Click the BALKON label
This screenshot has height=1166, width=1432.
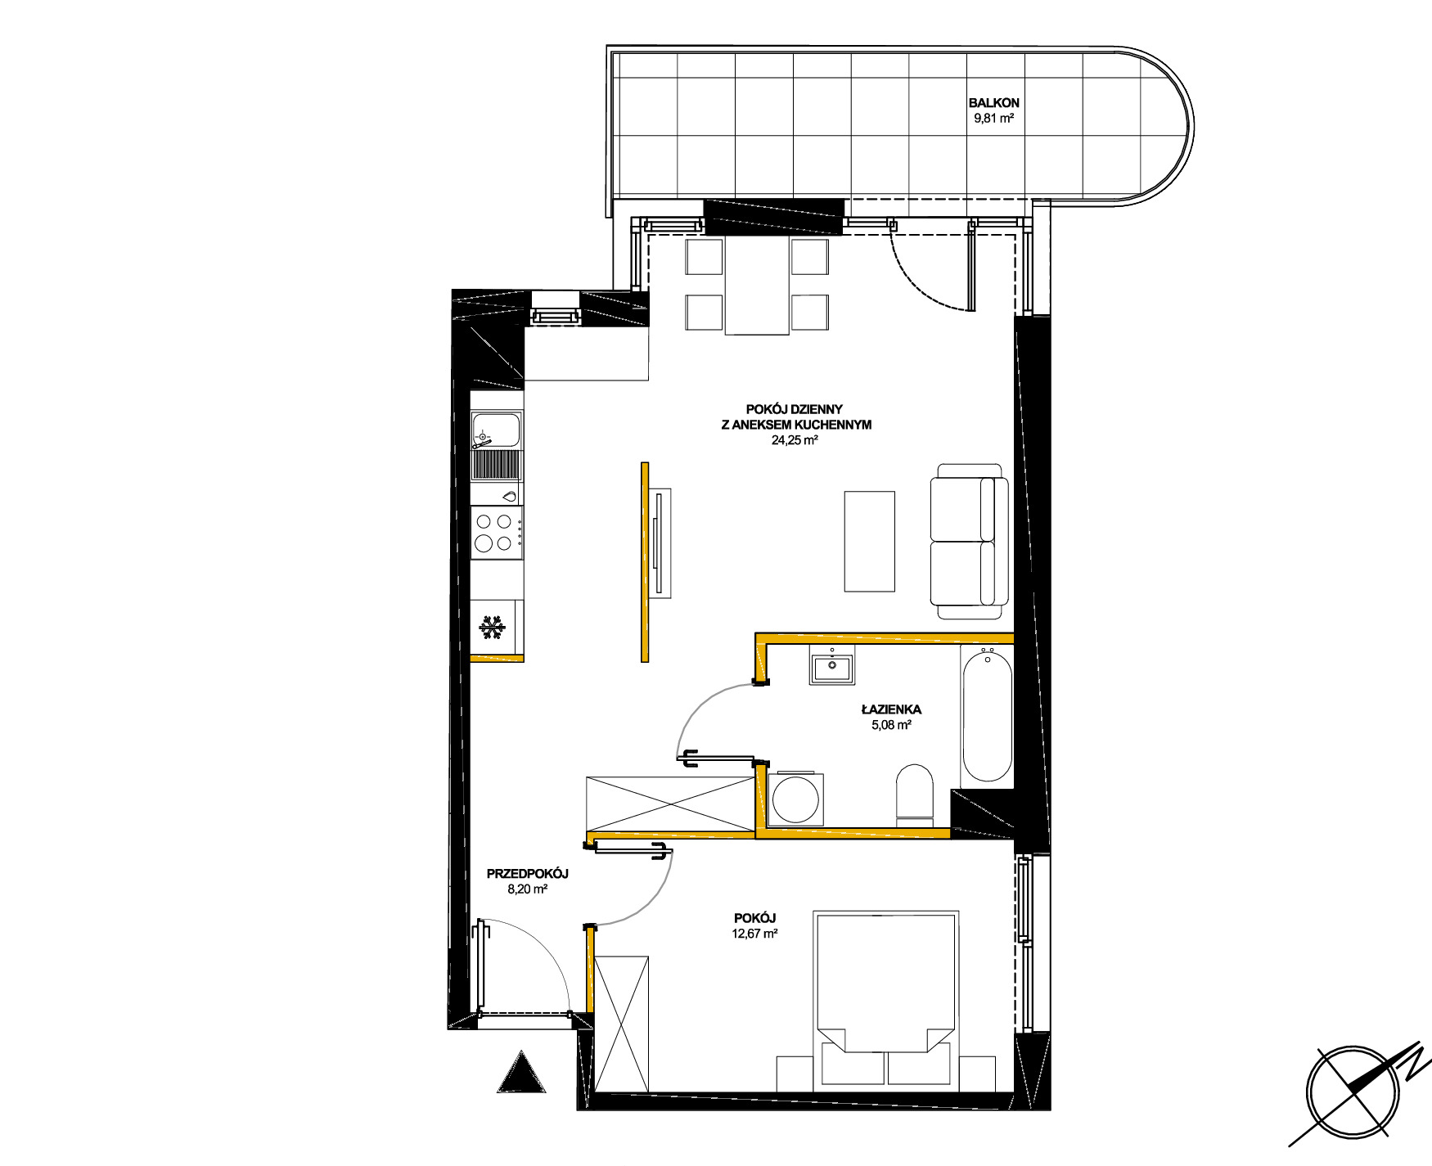[x=993, y=103]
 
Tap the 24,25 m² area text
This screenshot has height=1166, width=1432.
[x=795, y=440]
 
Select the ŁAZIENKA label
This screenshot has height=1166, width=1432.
[x=891, y=709]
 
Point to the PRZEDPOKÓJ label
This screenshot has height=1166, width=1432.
[x=527, y=874]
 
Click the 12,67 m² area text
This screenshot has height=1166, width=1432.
[x=754, y=934]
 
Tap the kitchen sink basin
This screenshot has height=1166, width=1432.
[x=496, y=430]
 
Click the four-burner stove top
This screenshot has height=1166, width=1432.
[x=497, y=533]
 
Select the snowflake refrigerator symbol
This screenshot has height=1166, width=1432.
[x=492, y=628]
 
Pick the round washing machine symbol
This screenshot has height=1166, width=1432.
[x=795, y=799]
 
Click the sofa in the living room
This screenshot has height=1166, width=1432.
[x=969, y=541]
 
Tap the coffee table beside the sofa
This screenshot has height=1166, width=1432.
[x=869, y=541]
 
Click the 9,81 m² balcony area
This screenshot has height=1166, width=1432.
[x=993, y=118]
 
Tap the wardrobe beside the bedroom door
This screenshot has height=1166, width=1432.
[x=622, y=1024]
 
